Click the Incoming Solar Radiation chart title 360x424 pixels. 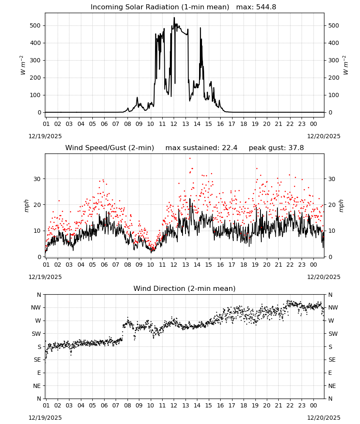[160, 7]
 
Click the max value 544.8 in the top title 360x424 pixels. [266, 7]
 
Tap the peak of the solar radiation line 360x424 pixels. [174, 17]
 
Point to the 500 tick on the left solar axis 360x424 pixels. [35, 26]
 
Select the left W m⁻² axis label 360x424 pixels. [22, 65]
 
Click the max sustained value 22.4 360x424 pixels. [230, 148]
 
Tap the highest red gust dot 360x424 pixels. [190, 159]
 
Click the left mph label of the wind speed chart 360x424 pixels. [26, 206]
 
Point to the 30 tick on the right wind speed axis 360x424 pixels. [332, 179]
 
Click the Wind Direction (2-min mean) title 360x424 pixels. [185, 288]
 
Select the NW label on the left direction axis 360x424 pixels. [36, 308]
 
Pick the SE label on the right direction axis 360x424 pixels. [332, 360]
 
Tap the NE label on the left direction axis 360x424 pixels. [37, 386]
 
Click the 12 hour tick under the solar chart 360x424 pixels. [174, 124]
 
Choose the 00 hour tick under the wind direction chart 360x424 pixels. [313, 405]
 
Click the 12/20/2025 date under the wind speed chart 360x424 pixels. [324, 277]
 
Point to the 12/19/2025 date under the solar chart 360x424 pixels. [45, 136]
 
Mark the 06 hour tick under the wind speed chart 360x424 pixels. [104, 265]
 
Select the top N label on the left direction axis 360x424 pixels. [39, 295]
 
